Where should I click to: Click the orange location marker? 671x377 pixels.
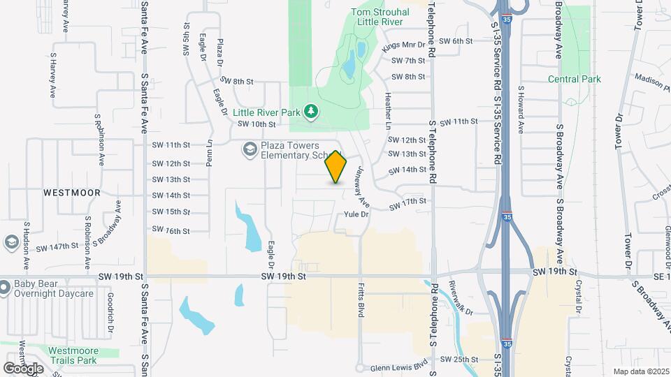[x=336, y=167]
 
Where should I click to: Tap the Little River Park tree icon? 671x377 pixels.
[x=312, y=111]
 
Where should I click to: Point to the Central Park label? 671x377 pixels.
[x=575, y=80]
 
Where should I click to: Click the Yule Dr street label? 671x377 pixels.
[x=356, y=214]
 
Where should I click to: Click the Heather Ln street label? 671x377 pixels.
[x=387, y=112]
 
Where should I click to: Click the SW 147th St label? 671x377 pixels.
[x=58, y=247]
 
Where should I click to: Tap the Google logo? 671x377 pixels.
[x=23, y=367]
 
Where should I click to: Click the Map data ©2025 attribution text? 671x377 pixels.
[x=641, y=371]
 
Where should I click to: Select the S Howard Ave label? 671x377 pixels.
[x=521, y=110]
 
